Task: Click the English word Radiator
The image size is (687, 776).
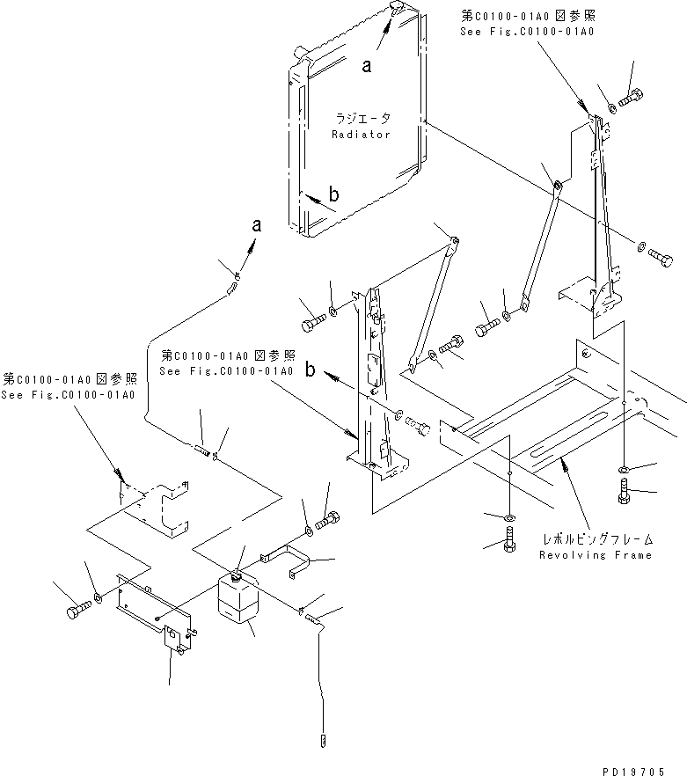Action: (x=361, y=135)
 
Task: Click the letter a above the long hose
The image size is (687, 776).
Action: (x=256, y=226)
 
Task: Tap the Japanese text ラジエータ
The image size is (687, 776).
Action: (x=362, y=118)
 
